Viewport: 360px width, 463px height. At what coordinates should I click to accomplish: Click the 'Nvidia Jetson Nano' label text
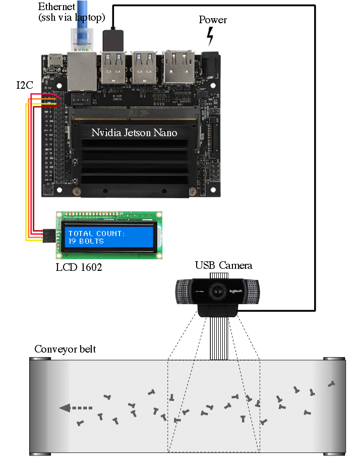[x=135, y=133]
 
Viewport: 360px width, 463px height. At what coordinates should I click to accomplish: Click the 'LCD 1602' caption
[x=79, y=267]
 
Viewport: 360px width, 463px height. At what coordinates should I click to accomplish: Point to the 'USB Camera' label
[x=223, y=265]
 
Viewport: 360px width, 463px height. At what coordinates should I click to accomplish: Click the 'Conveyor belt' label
[x=65, y=350]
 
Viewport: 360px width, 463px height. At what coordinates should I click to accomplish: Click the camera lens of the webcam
[x=218, y=292]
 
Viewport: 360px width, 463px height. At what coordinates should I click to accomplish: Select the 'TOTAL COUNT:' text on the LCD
[x=96, y=234]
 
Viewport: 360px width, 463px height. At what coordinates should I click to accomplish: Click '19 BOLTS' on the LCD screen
[x=86, y=241]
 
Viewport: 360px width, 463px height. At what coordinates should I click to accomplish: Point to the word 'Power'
[x=213, y=20]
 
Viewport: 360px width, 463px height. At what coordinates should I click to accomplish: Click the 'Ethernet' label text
[x=57, y=7]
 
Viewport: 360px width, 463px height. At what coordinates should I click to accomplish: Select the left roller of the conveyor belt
[x=40, y=406]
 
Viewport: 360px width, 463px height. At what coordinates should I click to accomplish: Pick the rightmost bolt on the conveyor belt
[x=331, y=384]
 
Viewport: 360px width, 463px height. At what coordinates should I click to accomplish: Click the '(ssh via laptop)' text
[x=72, y=18]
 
